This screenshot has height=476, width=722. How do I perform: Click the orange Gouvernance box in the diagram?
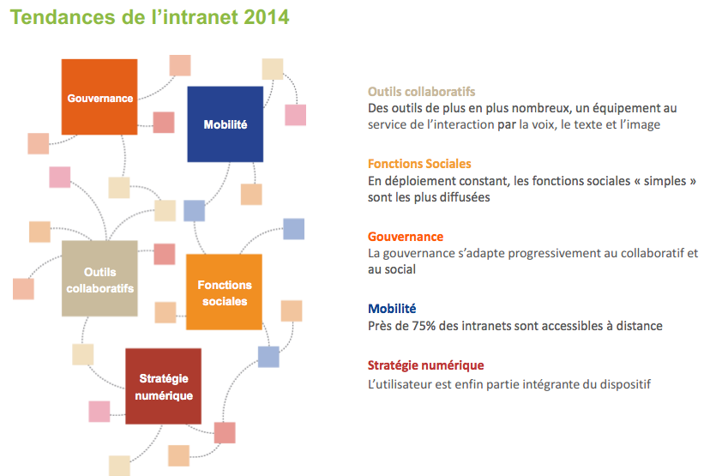point(99,97)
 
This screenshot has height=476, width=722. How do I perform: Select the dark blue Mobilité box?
point(226,124)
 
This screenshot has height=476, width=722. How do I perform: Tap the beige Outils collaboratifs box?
point(99,279)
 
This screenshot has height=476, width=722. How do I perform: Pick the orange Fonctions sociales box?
point(225,292)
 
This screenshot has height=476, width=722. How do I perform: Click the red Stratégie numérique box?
point(164,386)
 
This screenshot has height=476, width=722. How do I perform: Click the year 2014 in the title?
point(266,17)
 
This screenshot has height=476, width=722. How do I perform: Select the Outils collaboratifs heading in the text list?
point(421,92)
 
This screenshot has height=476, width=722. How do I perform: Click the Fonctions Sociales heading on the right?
point(419,164)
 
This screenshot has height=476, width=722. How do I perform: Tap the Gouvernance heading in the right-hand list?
point(406,237)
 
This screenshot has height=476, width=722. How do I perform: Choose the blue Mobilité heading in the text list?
point(392,309)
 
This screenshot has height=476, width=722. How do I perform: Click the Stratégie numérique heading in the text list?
point(426,365)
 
